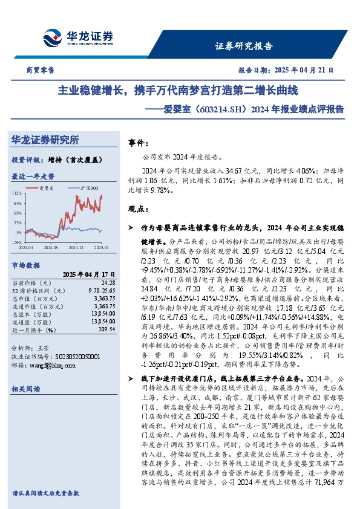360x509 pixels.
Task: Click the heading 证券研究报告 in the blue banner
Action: (244, 45)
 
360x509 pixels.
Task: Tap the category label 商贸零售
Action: (41, 70)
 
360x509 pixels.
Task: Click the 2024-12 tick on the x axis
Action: (76, 248)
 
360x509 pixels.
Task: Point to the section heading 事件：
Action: (140, 143)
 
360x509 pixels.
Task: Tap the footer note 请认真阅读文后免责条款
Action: (45, 493)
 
